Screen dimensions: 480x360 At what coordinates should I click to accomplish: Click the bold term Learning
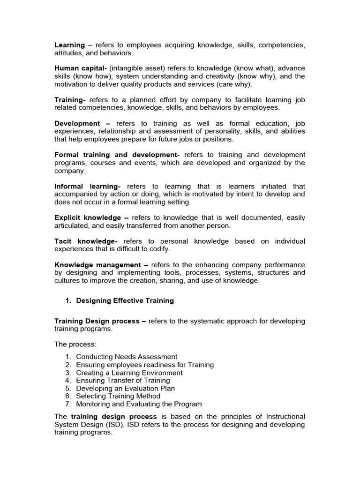pyautogui.click(x=70, y=45)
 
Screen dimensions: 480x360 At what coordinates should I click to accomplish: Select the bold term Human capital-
pyautogui.click(x=80, y=68)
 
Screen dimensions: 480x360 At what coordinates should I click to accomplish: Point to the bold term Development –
pyautogui.click(x=82, y=123)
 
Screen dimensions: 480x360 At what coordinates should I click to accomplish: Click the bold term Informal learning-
pyautogui.click(x=88, y=186)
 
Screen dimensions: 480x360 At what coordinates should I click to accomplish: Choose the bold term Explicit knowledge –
pyautogui.click(x=91, y=217)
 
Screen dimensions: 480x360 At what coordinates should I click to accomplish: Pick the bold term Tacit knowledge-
pyautogui.click(x=86, y=241)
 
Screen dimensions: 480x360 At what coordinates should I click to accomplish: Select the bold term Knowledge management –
pyautogui.click(x=100, y=265)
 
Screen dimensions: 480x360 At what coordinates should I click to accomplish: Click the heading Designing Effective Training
pyautogui.click(x=125, y=301)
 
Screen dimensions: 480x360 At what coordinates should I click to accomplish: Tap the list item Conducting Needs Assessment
pyautogui.click(x=127, y=357)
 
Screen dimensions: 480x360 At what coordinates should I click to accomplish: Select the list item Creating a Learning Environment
pyautogui.click(x=129, y=373)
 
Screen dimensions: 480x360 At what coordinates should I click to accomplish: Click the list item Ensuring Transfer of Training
pyautogui.click(x=123, y=381)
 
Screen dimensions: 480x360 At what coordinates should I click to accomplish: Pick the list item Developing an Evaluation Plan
pyautogui.click(x=125, y=388)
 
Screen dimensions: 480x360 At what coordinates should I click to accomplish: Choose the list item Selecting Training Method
pyautogui.click(x=118, y=396)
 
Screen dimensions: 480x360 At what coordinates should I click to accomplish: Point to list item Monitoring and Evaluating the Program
pyautogui.click(x=139, y=404)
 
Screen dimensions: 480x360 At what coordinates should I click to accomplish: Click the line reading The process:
pyautogui.click(x=75, y=345)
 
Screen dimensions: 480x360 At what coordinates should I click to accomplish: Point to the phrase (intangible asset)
pyautogui.click(x=137, y=68)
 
